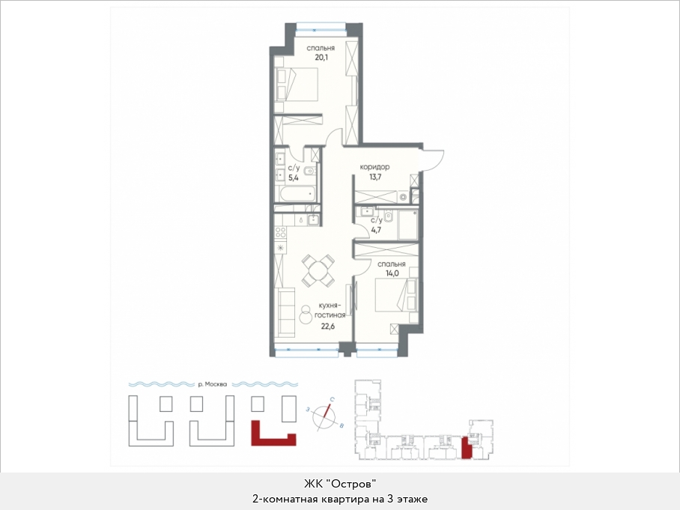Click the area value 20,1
[321, 57]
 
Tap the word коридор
[374, 167]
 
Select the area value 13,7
[375, 177]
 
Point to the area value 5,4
[294, 177]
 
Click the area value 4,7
[376, 230]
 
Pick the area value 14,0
[392, 273]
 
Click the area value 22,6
[327, 326]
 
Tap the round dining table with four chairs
[319, 270]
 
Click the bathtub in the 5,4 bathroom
[296, 193]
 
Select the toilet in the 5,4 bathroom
[309, 172]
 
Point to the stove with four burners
[281, 233]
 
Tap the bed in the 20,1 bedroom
[297, 85]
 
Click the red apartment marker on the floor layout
[466, 448]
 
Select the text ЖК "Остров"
[339, 484]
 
